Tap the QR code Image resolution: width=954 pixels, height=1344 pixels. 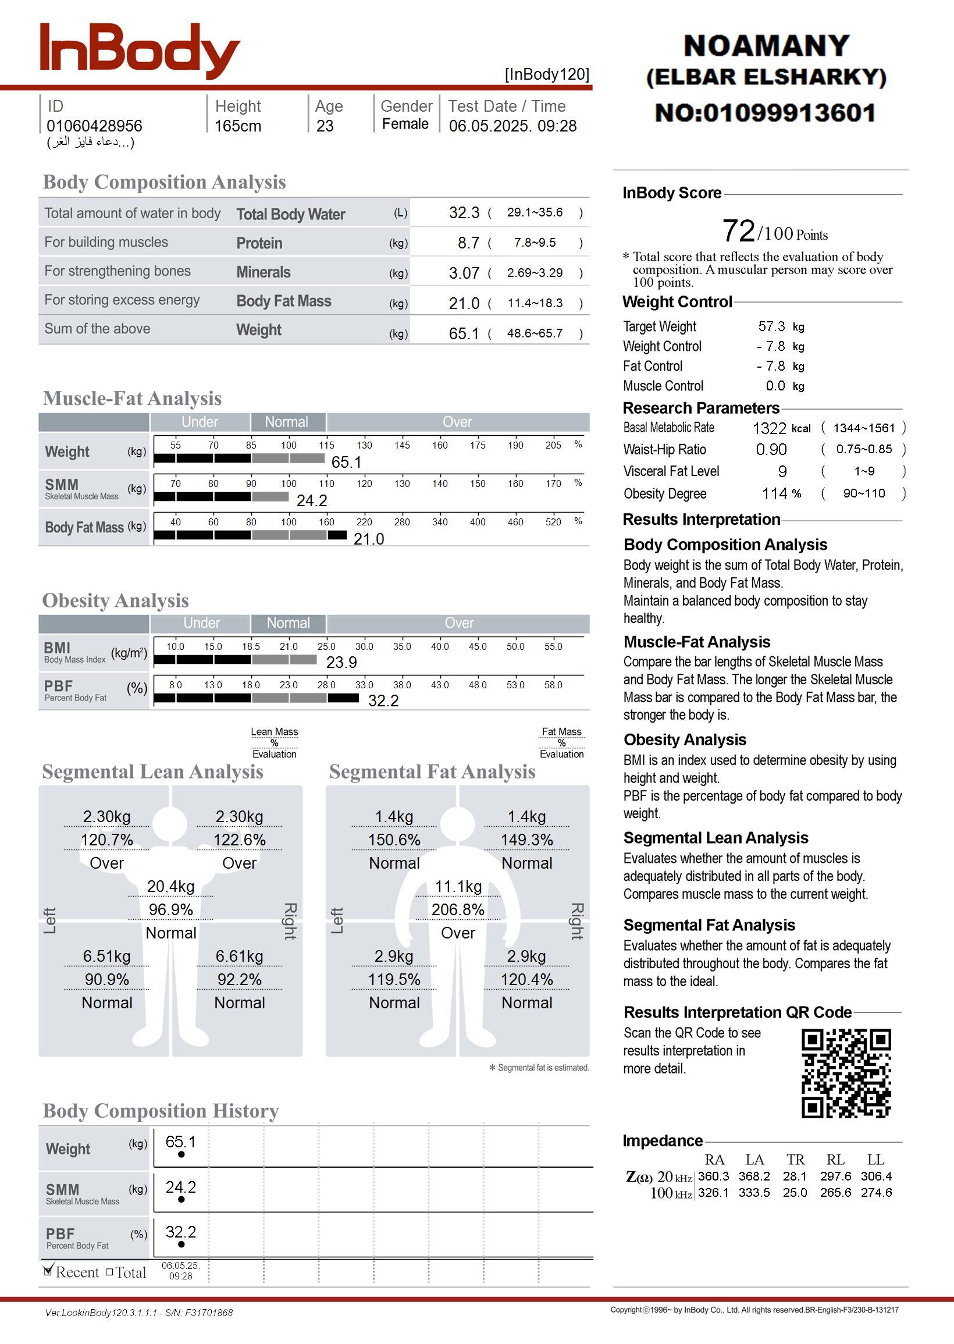pyautogui.click(x=846, y=1073)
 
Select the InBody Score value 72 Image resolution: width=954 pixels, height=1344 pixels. pyautogui.click(x=738, y=231)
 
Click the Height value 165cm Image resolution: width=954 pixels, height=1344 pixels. pyautogui.click(x=237, y=126)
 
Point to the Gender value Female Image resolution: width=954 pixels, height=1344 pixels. pyautogui.click(x=405, y=124)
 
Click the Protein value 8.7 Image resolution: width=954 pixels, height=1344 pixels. pyautogui.click(x=468, y=243)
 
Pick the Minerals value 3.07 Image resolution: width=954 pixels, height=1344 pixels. pyautogui.click(x=464, y=272)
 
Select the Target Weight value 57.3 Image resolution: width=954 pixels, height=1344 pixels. pyautogui.click(x=771, y=326)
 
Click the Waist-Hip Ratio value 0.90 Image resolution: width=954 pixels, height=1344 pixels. pyautogui.click(x=771, y=449)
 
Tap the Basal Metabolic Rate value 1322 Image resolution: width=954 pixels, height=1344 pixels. pyautogui.click(x=769, y=428)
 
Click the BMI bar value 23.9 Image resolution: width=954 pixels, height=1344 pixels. pyautogui.click(x=341, y=662)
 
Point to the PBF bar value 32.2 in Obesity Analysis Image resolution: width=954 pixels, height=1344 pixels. pyautogui.click(x=383, y=700)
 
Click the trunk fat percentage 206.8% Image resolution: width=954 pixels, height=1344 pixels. pyautogui.click(x=458, y=909)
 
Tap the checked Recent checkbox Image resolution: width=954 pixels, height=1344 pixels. pyautogui.click(x=48, y=1271)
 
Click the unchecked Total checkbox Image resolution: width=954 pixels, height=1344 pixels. pyautogui.click(x=109, y=1272)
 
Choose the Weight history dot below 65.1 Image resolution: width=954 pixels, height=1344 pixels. pyautogui.click(x=181, y=1154)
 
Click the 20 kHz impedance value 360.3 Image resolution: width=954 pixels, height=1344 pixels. pyautogui.click(x=713, y=1176)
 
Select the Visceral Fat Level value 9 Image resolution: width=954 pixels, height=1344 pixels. pyautogui.click(x=782, y=471)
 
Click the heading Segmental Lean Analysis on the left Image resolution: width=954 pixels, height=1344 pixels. pyautogui.click(x=152, y=771)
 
